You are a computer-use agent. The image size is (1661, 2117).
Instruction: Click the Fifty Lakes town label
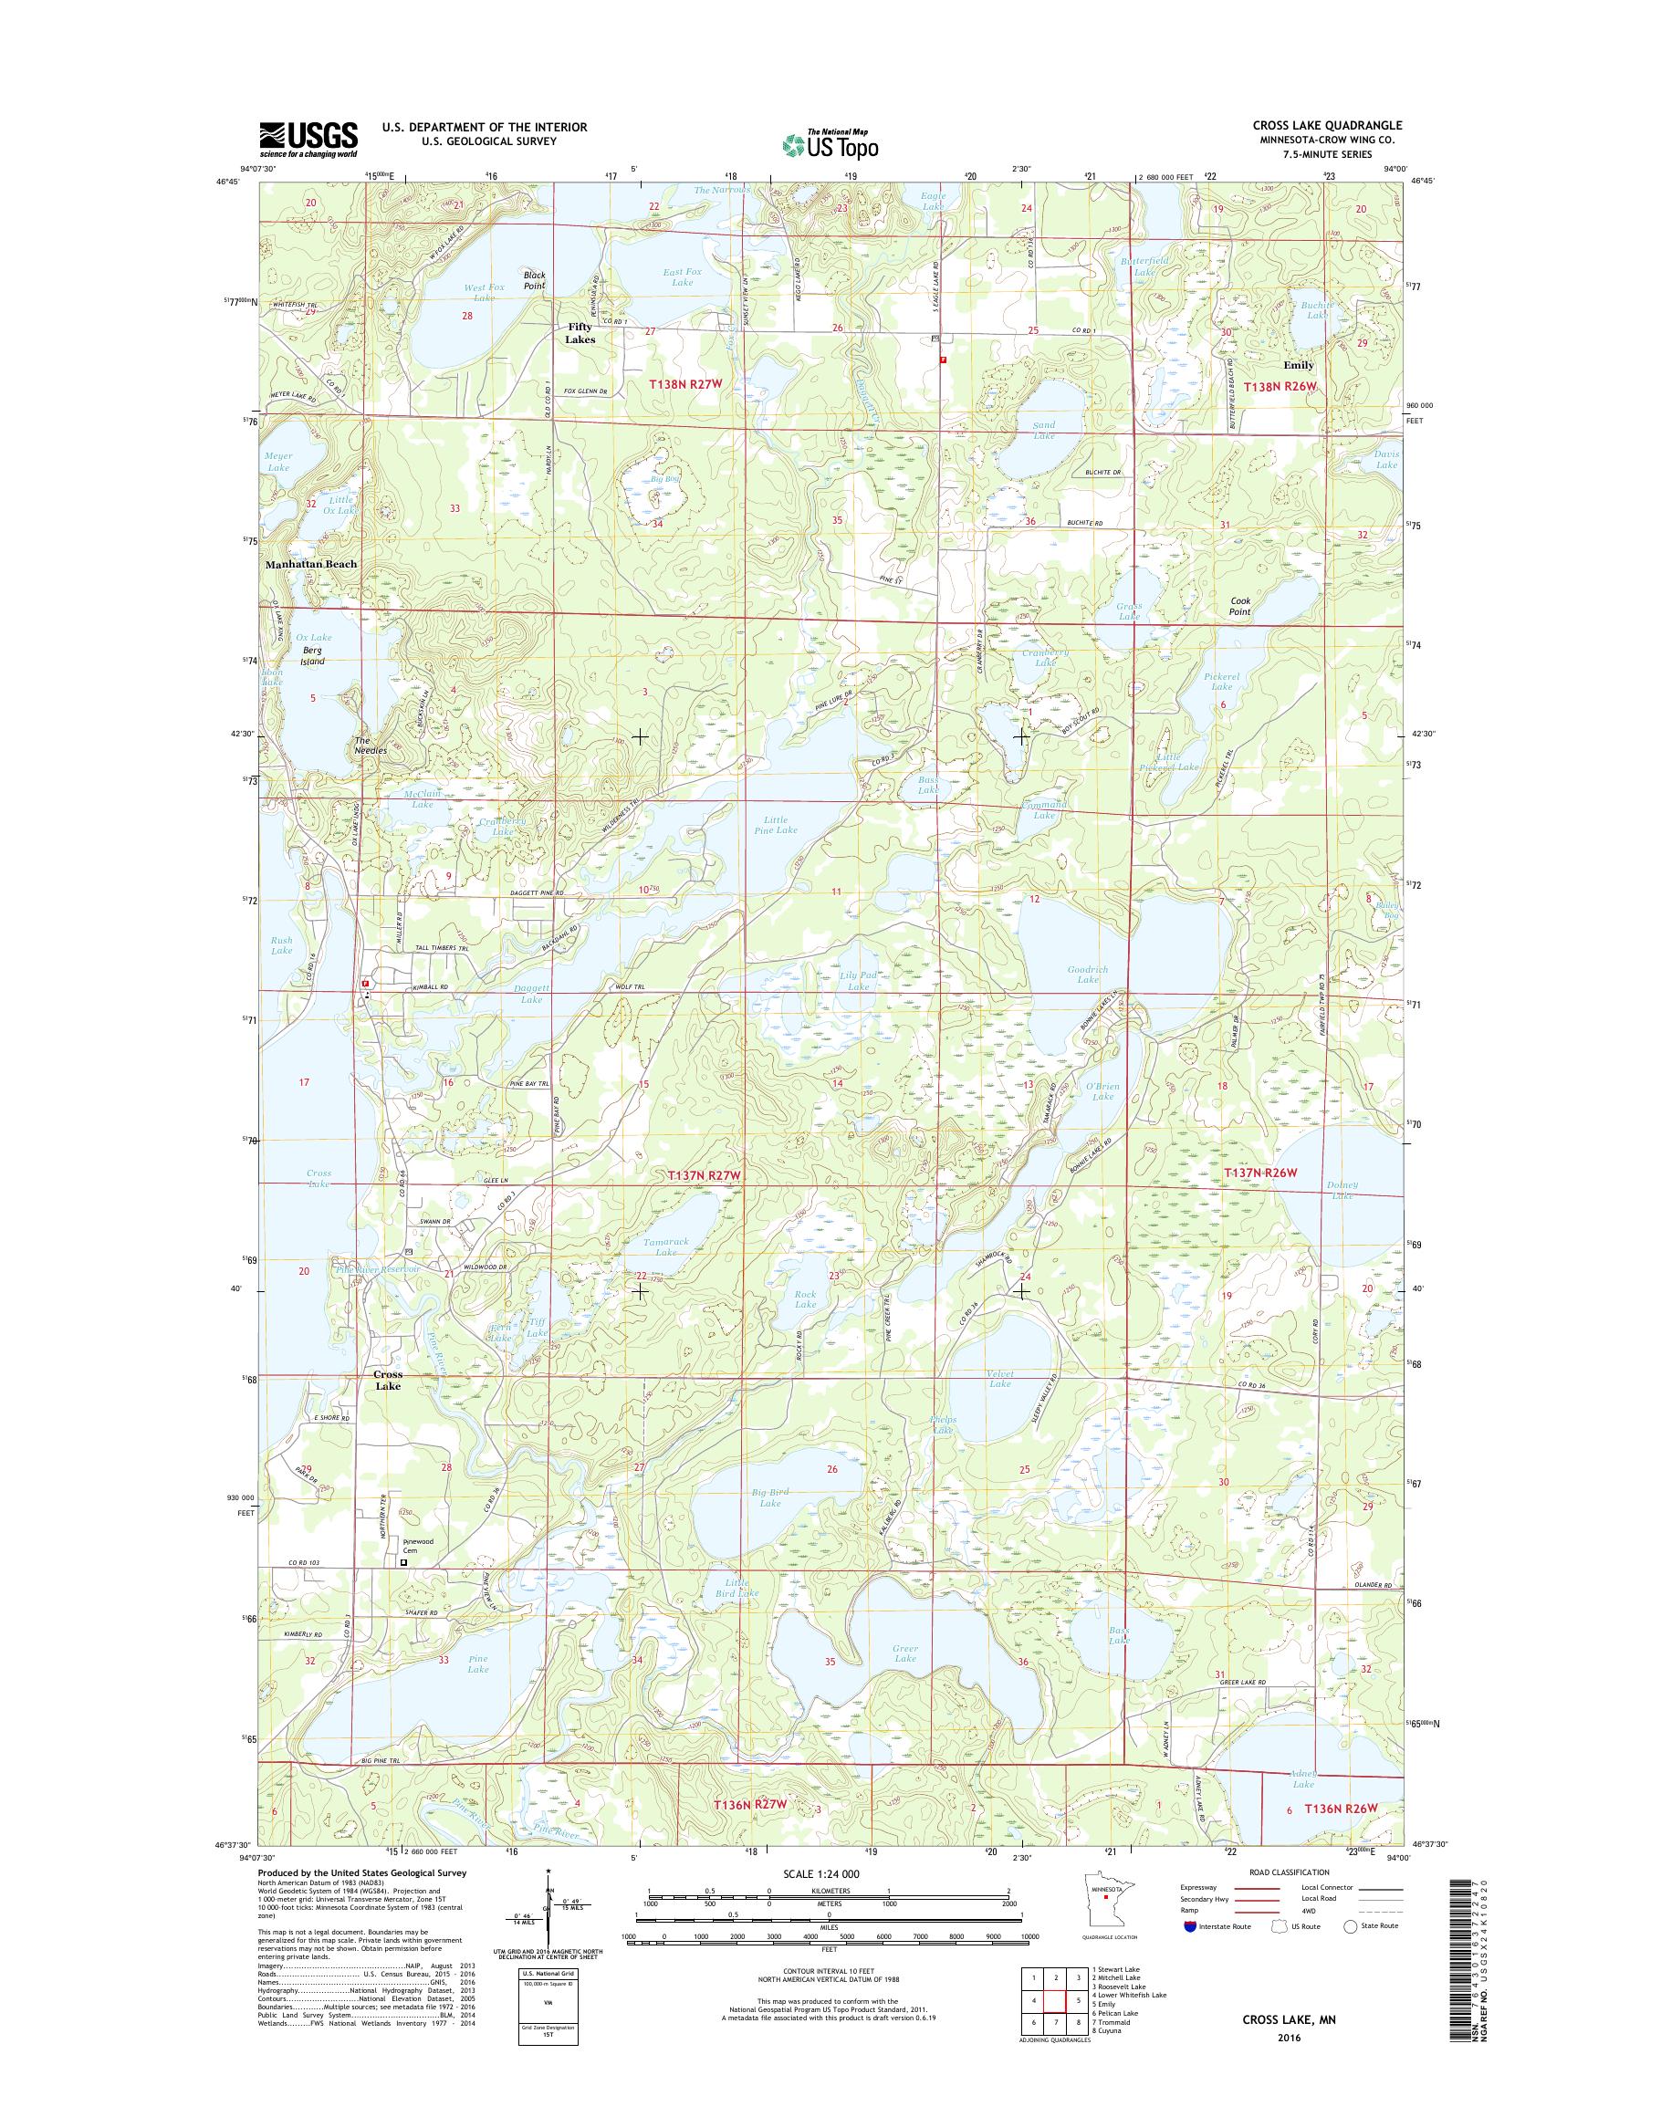(x=581, y=334)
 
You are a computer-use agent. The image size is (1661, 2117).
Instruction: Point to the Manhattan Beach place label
(x=310, y=564)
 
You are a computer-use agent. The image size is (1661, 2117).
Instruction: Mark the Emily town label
(x=1299, y=366)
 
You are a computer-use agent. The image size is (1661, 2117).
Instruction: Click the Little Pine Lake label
(x=776, y=825)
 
